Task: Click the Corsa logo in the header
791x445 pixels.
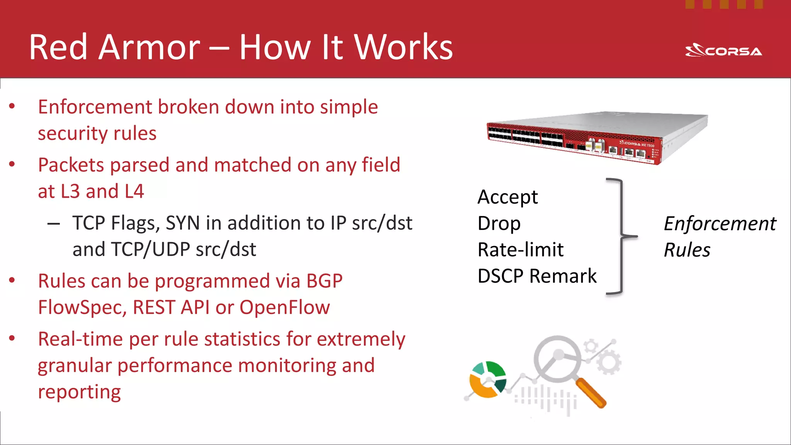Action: point(723,51)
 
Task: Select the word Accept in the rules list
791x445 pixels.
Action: point(507,197)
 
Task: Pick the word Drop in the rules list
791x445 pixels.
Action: point(499,224)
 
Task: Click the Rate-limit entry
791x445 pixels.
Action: point(520,250)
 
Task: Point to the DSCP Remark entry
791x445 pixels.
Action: point(537,276)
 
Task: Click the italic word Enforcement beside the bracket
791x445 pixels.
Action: point(720,224)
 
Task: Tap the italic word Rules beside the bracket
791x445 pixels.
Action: point(687,250)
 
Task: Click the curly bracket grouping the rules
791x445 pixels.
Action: point(621,236)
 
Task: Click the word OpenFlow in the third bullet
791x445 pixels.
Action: point(285,307)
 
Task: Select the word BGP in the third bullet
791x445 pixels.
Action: point(324,281)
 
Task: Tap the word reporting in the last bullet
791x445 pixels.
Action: point(79,392)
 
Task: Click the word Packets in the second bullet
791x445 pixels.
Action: point(71,165)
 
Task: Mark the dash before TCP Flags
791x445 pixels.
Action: point(53,224)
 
